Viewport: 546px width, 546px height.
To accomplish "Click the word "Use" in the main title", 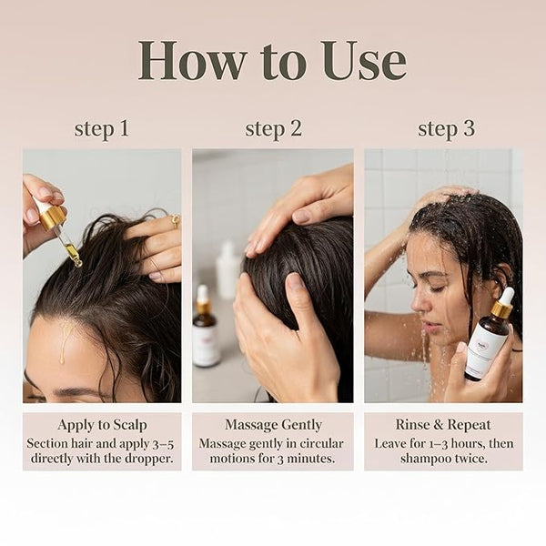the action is tap(365, 61).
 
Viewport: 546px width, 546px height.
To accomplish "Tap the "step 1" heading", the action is tap(102, 128).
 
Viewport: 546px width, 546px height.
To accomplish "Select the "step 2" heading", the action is tap(273, 128).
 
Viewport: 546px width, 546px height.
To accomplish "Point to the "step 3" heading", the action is tap(446, 128).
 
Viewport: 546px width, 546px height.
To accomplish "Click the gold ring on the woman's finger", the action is tap(176, 220).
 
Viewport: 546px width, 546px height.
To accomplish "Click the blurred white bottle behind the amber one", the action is tap(228, 270).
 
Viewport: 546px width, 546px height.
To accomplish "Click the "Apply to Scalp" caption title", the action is tap(102, 425).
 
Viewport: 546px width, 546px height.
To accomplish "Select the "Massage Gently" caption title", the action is tap(273, 425).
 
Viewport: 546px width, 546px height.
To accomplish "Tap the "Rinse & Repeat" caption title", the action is tap(443, 425).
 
